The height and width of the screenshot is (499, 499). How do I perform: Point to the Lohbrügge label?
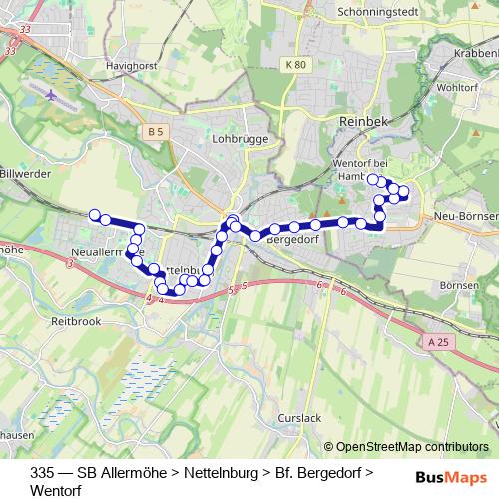click(x=236, y=141)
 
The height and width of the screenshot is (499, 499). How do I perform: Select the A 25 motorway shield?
click(x=436, y=342)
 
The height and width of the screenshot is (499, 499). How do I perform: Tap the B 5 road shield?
click(x=154, y=131)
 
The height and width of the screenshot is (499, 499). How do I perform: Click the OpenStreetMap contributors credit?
click(x=412, y=447)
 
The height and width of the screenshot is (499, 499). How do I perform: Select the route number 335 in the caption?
click(x=43, y=472)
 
